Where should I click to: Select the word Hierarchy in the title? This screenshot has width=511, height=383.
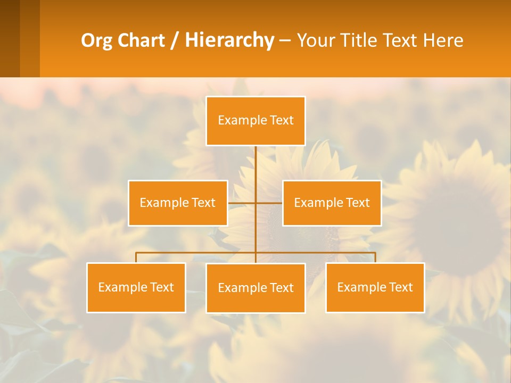229,40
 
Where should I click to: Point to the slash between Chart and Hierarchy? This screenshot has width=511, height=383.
174,40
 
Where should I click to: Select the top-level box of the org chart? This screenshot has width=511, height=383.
256,121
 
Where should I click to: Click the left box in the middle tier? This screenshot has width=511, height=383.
178,203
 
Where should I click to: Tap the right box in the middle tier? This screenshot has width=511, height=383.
332,203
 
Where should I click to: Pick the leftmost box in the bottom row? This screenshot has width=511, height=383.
136,287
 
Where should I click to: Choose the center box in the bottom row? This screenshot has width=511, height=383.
256,288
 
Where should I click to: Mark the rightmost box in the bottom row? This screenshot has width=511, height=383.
375,287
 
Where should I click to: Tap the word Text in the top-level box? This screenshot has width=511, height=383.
282,121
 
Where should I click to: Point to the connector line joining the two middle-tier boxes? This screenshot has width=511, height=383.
256,203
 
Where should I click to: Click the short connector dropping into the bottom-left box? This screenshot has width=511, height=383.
136,257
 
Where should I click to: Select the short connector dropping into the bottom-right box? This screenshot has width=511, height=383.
375,257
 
